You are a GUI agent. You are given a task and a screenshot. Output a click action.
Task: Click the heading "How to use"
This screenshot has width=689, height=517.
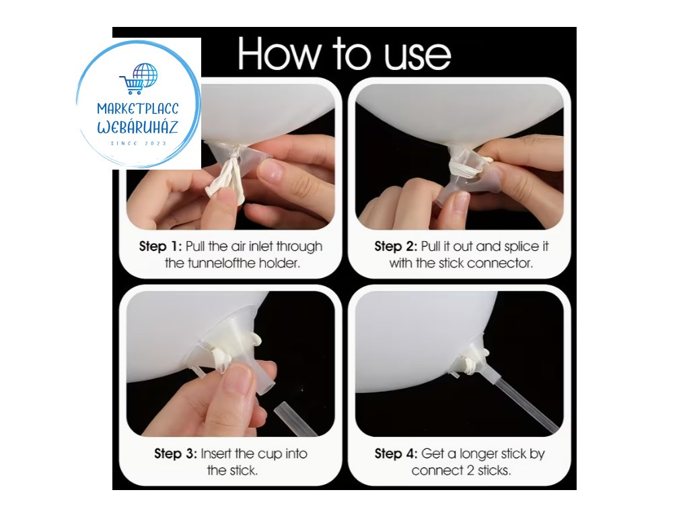pos(344,54)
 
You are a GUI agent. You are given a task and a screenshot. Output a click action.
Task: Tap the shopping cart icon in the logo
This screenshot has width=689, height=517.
pos(131,84)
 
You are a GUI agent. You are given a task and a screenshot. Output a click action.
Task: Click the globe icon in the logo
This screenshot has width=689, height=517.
pos(145,75)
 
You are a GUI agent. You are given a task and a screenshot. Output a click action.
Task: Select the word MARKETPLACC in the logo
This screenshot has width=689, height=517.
pos(138,108)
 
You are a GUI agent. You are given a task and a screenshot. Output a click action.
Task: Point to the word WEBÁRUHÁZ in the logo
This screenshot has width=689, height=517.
pos(137,127)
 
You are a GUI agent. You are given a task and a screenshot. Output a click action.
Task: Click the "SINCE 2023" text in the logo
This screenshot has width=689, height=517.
pos(139,143)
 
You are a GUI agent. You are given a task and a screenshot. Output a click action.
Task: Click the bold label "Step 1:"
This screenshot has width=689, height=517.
pos(160,246)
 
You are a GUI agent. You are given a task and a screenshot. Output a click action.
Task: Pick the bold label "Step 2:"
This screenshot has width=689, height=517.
pos(396,246)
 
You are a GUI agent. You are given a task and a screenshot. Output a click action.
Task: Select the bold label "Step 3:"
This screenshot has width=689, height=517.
pos(176,453)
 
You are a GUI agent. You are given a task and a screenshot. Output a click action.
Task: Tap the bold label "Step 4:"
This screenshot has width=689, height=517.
pos(396,453)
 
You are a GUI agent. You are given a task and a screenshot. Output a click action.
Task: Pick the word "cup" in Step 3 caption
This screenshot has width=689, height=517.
pos(270,454)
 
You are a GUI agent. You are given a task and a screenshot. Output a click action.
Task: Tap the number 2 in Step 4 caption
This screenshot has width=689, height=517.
pos(470,471)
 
